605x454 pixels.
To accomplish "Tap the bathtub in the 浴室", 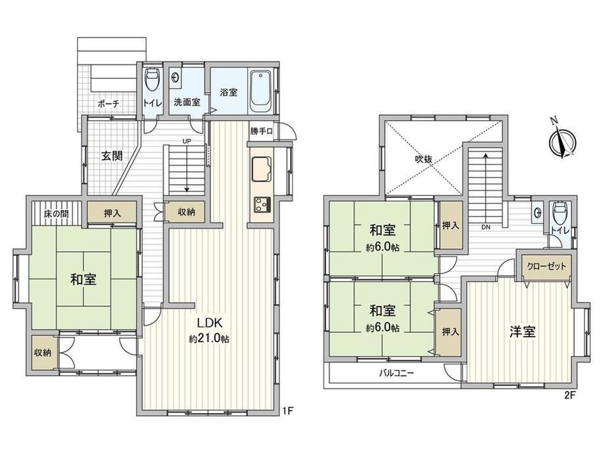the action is coord(262,91).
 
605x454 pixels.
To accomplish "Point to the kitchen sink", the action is coord(261,169).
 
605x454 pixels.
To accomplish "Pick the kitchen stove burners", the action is coord(262,204).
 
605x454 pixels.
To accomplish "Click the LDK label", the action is coord(209,323).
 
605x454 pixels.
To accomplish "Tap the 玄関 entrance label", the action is coord(112,155).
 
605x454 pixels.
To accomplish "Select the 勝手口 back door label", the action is coord(261,131).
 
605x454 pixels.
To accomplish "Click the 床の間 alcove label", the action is coord(57,213).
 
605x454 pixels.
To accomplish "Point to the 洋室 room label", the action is coord(523,332).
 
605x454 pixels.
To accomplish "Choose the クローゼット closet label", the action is coord(546,266).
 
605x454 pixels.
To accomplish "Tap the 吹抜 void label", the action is coord(423,159).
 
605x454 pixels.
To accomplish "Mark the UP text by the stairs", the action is coord(187,141).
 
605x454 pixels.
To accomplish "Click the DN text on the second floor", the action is coord(486,228).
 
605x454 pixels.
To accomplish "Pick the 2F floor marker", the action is coord(569,395).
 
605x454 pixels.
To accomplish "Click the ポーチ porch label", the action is coord(109,103).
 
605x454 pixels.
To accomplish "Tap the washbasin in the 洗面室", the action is coord(176,76).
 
